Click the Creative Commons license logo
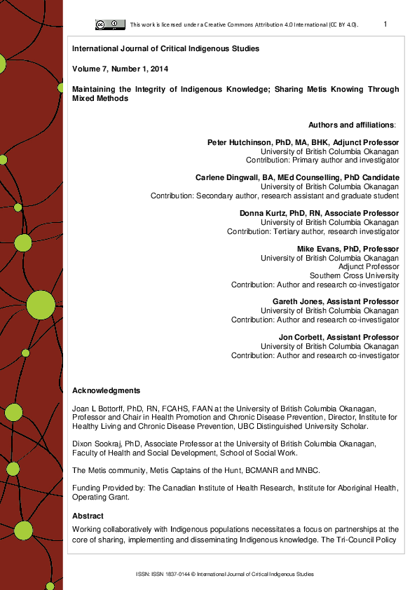[110, 25]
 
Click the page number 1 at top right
[385, 25]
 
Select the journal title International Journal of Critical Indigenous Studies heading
[165, 49]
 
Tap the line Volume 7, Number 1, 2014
[120, 69]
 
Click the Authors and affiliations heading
[352, 125]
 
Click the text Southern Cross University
[355, 275]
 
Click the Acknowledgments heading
[106, 391]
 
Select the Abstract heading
[88, 516]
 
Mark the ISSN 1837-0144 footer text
[225, 574]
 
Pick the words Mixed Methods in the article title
[100, 99]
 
